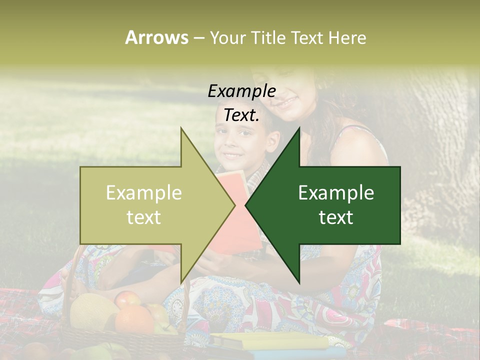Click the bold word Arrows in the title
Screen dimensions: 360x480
156,37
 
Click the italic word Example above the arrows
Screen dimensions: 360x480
241,91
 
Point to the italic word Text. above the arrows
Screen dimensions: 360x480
241,115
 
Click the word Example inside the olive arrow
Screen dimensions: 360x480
144,193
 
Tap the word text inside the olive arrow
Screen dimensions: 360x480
144,217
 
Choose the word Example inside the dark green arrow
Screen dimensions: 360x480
336,193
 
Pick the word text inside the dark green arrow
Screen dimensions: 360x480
336,217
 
